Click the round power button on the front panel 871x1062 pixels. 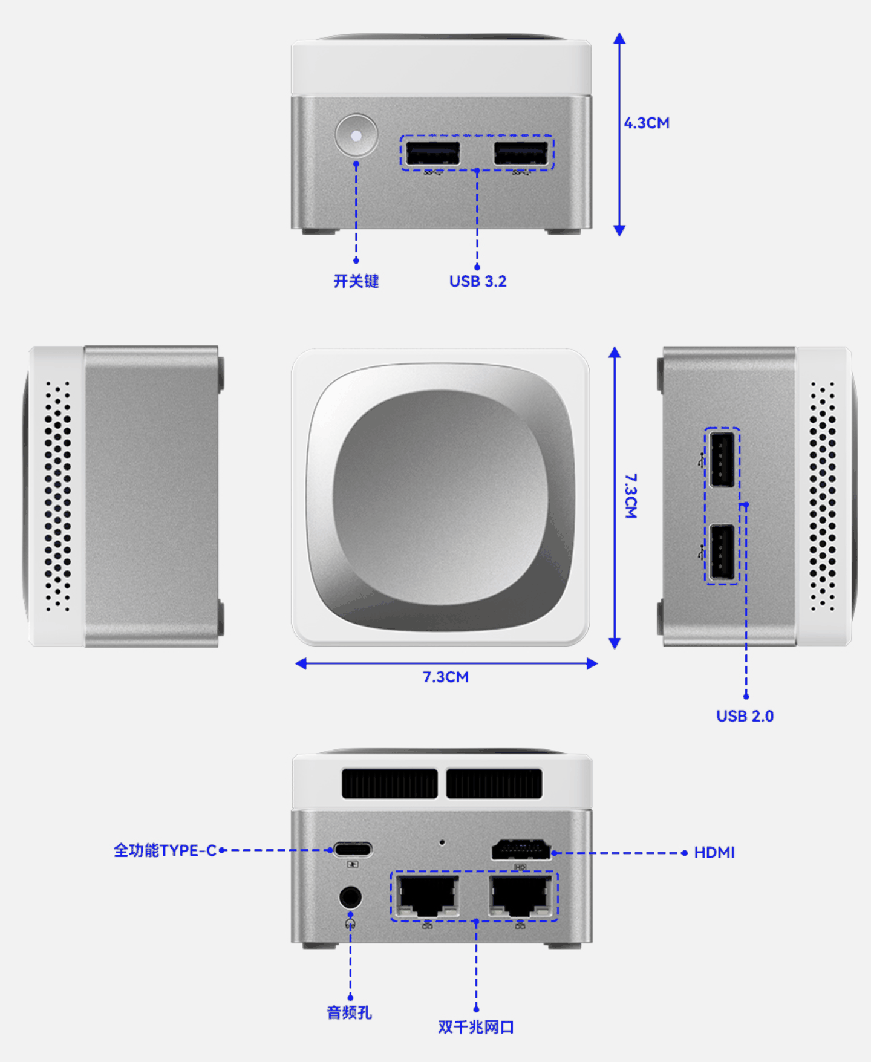pos(356,135)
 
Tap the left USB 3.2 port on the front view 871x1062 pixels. pos(432,153)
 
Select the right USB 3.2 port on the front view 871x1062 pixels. pos(521,153)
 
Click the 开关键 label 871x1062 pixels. pos(356,281)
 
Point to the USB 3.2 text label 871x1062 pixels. pos(478,281)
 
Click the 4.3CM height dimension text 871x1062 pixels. pos(647,123)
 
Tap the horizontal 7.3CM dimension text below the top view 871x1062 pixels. pos(446,677)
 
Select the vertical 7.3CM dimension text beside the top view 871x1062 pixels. pos(630,496)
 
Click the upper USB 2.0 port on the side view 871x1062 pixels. pos(722,459)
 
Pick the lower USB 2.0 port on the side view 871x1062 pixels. pos(722,552)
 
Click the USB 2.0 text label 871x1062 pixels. pos(745,716)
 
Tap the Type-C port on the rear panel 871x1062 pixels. pos(353,849)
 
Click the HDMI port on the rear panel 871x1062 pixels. pos(521,850)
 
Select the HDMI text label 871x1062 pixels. pos(714,853)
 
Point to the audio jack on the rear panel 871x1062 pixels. pos(350,897)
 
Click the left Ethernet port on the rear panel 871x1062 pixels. pos(427,896)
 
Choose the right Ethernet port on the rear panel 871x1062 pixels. pos(521,896)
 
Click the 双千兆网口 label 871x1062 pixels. pos(476,1027)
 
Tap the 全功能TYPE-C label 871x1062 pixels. pos(165,850)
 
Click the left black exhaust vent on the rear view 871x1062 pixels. pos(389,784)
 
